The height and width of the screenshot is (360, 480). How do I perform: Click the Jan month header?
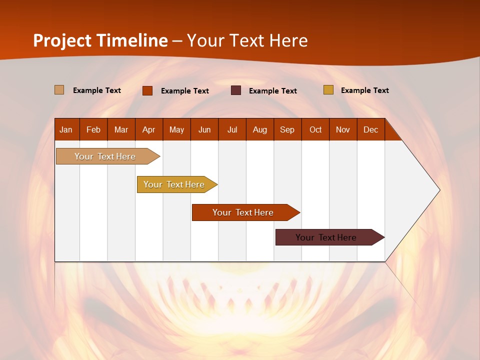coord(66,129)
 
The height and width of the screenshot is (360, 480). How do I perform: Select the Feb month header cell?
coord(93,129)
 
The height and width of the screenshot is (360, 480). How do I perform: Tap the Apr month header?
coord(149,129)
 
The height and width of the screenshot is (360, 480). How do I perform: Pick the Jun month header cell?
coord(204,129)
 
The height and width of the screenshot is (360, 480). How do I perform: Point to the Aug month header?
coord(260,129)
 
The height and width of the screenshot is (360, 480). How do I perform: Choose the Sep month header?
coord(287,129)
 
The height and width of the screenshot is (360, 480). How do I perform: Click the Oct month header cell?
coord(315,129)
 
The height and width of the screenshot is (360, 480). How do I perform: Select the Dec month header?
coord(371,129)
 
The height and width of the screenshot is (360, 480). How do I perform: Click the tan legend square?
coord(59,90)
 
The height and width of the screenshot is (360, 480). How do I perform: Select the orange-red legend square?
coord(147,90)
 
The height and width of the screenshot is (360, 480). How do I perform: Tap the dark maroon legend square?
coord(236,90)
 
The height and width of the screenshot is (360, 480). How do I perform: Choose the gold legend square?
coord(328,90)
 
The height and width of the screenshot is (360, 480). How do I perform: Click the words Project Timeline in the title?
coord(100,40)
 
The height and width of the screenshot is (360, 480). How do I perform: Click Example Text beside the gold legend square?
coord(364,90)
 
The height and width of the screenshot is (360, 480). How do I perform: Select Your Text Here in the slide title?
coord(247,40)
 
